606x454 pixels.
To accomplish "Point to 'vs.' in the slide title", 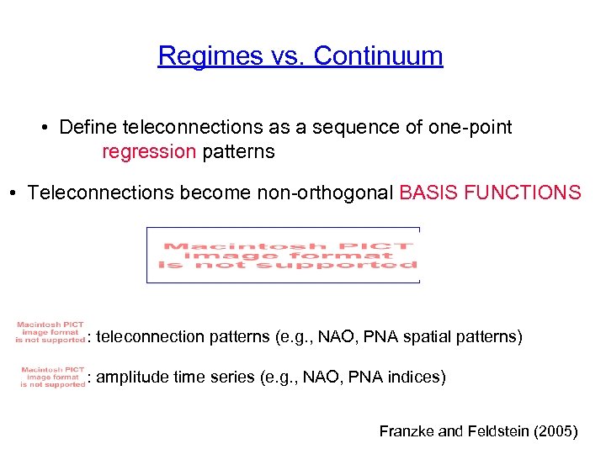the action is click(x=285, y=56).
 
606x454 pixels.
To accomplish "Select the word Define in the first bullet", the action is click(x=88, y=128).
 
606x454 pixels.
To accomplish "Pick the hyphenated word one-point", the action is click(x=469, y=128).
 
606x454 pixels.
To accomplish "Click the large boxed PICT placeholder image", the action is click(x=283, y=255).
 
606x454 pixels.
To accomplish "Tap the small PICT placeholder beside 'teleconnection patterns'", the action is click(x=51, y=332).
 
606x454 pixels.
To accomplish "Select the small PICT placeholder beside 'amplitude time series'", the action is click(x=51, y=376).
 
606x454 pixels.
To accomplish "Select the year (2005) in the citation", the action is click(x=555, y=431).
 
